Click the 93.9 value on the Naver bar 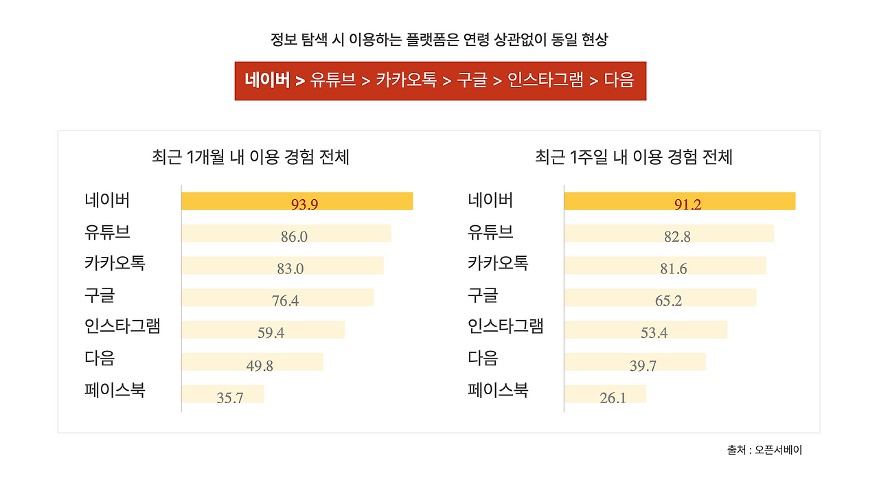304,204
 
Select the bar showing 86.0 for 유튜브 286,234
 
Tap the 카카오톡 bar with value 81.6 665,266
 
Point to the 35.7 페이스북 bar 222,394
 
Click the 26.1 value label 613,398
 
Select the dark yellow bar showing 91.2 679,201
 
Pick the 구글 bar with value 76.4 277,297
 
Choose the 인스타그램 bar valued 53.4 646,330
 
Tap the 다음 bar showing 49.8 252,362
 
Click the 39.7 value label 643,366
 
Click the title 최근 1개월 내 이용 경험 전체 251,157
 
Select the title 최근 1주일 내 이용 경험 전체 634,157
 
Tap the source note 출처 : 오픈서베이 764,450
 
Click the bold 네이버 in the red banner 267,80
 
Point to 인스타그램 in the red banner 545,80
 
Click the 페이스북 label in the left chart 115,391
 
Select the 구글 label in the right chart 483,295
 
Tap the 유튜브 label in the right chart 490,232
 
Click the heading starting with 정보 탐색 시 439,40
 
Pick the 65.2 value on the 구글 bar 668,301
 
